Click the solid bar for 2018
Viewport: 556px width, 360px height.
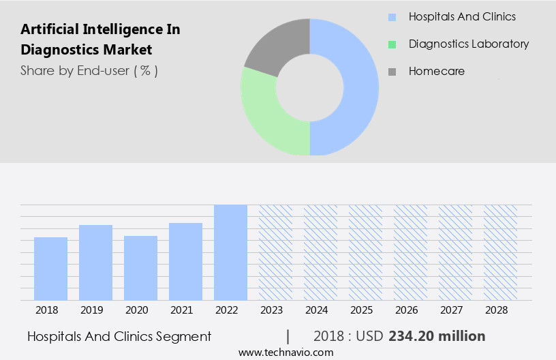(x=50, y=269)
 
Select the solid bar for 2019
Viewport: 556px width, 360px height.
(x=95, y=262)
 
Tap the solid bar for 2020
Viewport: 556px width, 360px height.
(x=140, y=268)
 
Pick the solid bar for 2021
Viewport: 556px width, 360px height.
(x=185, y=262)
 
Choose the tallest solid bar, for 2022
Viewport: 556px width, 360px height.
(x=230, y=252)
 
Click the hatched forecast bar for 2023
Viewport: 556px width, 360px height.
(x=275, y=252)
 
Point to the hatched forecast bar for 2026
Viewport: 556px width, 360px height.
(x=410, y=252)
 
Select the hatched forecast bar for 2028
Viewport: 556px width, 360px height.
(x=500, y=252)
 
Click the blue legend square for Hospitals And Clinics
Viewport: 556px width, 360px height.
(x=392, y=17)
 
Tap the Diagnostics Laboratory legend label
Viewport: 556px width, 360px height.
(x=468, y=44)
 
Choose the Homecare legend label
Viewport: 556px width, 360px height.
(x=436, y=71)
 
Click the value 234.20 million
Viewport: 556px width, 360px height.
(x=437, y=336)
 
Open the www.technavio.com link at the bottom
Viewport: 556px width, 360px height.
(x=285, y=352)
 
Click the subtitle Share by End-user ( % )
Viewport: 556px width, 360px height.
(x=89, y=70)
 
